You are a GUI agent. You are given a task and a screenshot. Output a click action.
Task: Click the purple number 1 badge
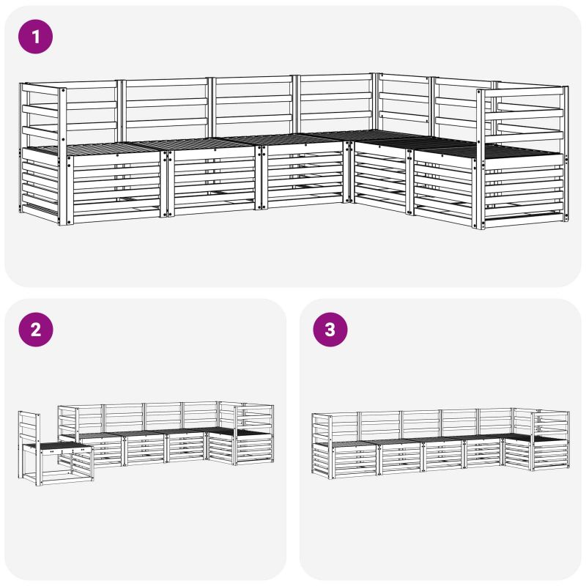[35, 37]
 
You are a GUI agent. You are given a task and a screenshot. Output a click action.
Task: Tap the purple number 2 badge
[35, 330]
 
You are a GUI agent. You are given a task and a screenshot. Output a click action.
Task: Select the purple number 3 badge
[330, 330]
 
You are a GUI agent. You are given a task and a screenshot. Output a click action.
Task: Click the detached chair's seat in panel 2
[62, 445]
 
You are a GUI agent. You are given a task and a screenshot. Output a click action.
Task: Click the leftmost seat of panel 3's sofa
[346, 444]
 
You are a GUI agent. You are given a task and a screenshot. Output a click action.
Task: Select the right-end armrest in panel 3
[552, 424]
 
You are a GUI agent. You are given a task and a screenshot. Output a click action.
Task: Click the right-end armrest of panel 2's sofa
[255, 418]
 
